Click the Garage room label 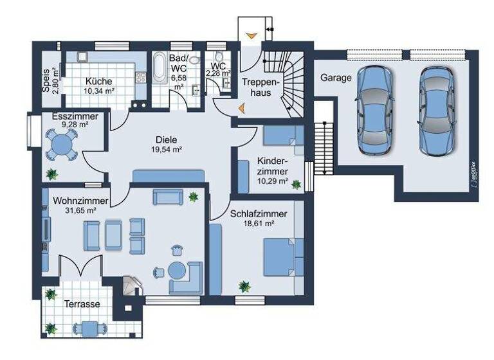click(x=336, y=78)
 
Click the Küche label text click(x=98, y=82)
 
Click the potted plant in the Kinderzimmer click(x=296, y=184)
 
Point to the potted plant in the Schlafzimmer click(x=244, y=286)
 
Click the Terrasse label click(x=81, y=304)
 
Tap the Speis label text click(x=46, y=82)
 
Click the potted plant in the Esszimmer click(x=51, y=174)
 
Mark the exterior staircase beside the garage click(x=323, y=149)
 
